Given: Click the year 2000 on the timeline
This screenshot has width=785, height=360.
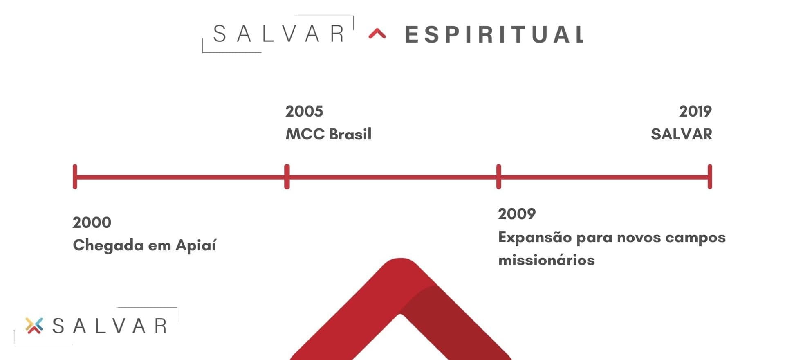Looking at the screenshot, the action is coord(92,223).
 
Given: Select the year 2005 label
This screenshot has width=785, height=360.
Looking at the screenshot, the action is coord(304,111).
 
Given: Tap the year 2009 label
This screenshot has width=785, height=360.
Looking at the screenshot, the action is coord(517,214).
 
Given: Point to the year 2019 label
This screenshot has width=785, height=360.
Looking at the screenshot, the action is coord(695,111).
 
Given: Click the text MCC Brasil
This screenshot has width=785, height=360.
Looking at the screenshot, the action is coord(328,134).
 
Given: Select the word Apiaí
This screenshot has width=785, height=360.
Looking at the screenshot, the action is coord(196,245).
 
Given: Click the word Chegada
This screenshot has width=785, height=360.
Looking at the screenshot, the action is coord(108,246).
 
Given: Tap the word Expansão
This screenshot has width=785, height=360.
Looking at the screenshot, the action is coord(535,237).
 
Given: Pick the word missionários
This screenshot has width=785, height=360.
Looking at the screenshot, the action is coord(546,260).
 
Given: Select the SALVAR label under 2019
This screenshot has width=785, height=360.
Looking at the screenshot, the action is coord(682,134).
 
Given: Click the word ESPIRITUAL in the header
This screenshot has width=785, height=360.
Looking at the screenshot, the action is coord(494,34).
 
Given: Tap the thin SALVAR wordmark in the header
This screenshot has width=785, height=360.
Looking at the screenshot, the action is coord(278,34).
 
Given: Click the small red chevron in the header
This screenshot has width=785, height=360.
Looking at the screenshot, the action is coord(377,34).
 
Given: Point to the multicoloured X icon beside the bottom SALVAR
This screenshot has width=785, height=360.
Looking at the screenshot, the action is coord(34,326).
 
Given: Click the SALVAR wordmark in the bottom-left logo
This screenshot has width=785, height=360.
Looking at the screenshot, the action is coord(110,326).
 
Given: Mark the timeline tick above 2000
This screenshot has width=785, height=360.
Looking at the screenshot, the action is coord(75,177).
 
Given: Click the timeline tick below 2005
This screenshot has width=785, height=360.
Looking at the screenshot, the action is coord(287,177).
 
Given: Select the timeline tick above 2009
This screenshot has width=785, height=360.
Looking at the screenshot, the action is coord(499,177).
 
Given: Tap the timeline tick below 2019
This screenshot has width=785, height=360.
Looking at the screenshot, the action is coord(710,177).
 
